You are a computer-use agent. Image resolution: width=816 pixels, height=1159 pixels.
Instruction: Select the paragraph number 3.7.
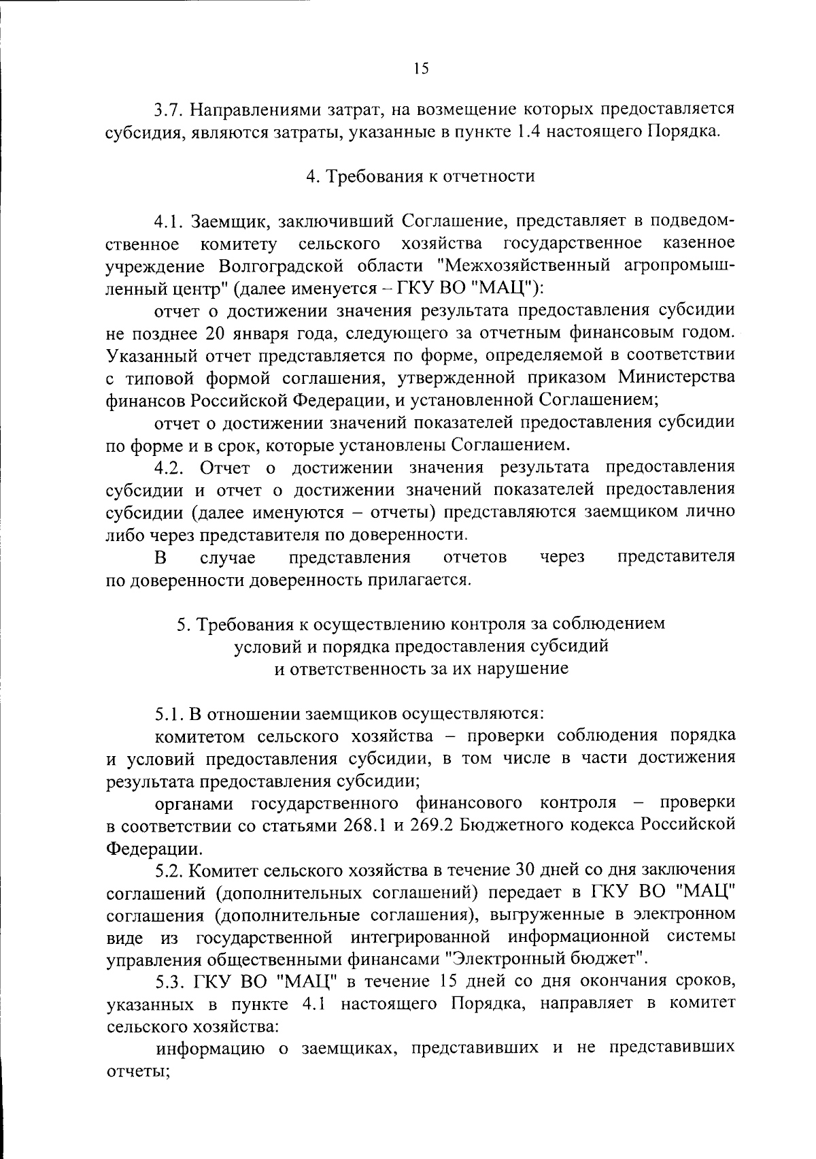167,110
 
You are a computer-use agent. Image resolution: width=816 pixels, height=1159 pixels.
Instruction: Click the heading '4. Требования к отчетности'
420,176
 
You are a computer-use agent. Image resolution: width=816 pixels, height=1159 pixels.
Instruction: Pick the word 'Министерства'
676,377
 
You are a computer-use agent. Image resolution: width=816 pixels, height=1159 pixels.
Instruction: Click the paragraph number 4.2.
169,467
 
